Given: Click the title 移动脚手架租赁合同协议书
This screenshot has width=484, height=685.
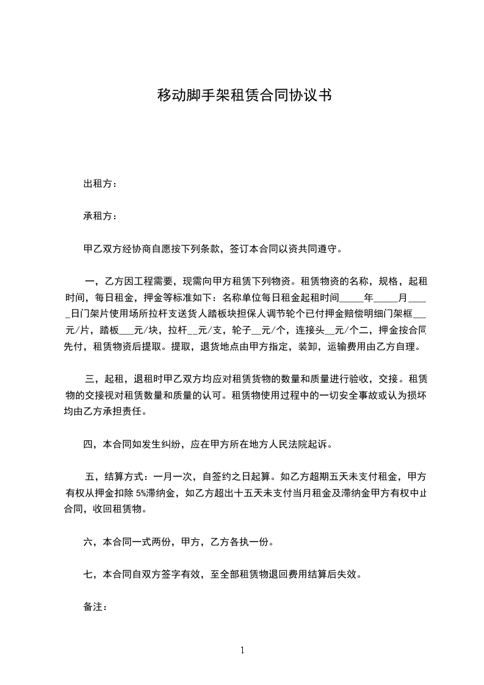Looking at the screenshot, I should (244, 95).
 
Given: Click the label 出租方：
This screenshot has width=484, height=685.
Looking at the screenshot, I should (101, 184).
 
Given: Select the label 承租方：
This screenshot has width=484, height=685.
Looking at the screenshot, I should (101, 216).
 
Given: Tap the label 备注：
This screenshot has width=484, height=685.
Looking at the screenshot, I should (96, 607).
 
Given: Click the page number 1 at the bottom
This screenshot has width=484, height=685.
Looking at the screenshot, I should (242, 650).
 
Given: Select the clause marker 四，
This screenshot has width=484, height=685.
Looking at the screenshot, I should (91, 444).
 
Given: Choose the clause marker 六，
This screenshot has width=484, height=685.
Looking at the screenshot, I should (91, 542).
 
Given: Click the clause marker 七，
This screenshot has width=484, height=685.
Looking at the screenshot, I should (91, 574).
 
